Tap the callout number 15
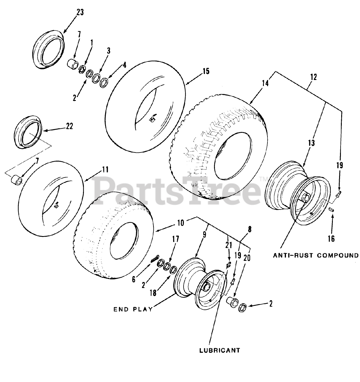tap(205, 71)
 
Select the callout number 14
tap(265, 83)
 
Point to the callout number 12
tap(313, 77)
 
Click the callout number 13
tap(311, 143)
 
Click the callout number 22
tap(69, 126)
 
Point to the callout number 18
tap(153, 293)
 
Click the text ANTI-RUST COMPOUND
tap(316, 255)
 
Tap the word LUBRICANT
tap(219, 350)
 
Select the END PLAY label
tap(133, 309)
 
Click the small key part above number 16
tap(331, 210)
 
